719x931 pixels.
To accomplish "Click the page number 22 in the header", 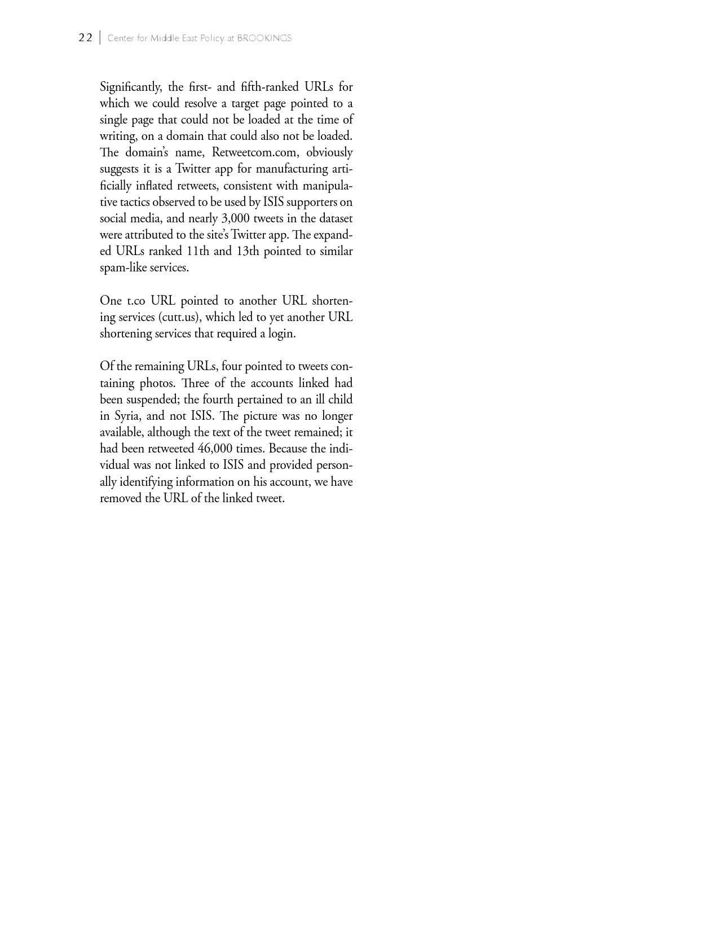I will [85, 38].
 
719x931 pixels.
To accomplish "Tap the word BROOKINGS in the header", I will [264, 38].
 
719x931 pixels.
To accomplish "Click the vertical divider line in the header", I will [100, 38].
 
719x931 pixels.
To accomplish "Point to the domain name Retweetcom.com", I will [254, 153].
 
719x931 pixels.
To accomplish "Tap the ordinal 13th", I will [247, 252].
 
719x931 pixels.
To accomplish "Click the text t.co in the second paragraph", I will [136, 301].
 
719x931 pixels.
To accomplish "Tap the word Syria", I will [127, 416].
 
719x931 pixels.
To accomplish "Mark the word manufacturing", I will [290, 169].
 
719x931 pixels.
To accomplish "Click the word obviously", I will [329, 153].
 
